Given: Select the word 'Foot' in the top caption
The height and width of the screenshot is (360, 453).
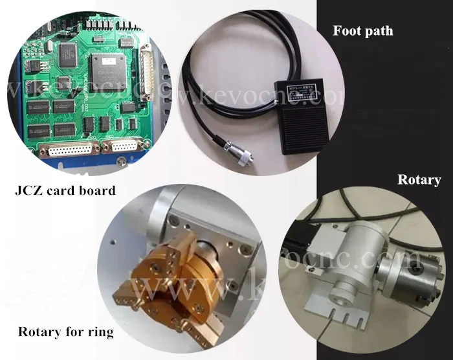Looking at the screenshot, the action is pyautogui.click(x=346, y=30).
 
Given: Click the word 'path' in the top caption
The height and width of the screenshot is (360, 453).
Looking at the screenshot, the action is pyautogui.click(x=379, y=30).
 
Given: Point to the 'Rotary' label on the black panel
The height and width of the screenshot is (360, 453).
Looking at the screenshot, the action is pyautogui.click(x=419, y=180).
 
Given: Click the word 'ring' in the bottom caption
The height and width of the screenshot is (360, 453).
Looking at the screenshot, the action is pyautogui.click(x=100, y=333).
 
